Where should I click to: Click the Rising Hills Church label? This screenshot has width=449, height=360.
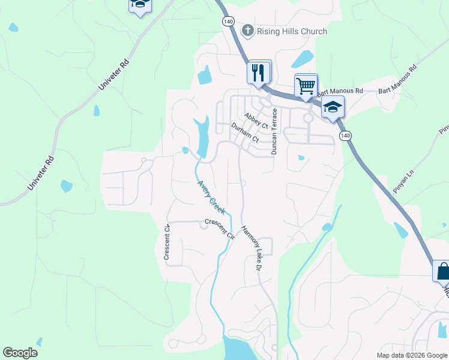(292, 31)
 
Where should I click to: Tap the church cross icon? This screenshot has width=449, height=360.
(247, 31)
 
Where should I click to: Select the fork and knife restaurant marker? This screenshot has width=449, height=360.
(259, 73)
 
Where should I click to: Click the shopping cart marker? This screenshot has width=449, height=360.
(306, 86)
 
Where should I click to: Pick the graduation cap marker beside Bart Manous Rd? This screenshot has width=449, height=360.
(332, 108)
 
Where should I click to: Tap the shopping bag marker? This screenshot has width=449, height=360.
(443, 271)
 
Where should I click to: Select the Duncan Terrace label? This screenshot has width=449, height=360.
(274, 131)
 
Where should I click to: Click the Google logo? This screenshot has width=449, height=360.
(20, 353)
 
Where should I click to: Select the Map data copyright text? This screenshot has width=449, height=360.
(412, 355)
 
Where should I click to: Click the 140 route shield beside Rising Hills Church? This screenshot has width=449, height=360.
(228, 21)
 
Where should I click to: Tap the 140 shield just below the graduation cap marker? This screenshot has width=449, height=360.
(345, 136)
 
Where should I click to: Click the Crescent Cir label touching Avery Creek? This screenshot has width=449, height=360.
(219, 229)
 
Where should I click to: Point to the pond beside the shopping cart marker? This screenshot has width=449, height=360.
(303, 59)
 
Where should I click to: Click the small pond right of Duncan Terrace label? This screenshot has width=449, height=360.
(301, 158)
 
